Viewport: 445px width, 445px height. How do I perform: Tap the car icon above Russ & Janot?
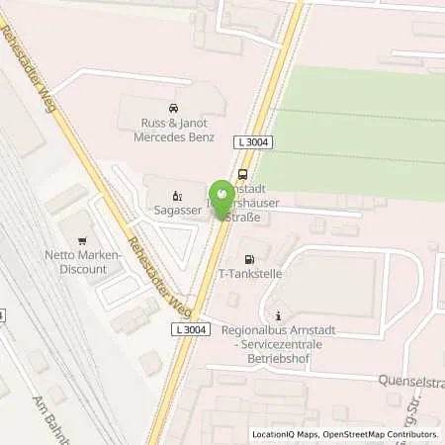point(173,107)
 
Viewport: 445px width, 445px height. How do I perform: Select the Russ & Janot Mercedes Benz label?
point(174,132)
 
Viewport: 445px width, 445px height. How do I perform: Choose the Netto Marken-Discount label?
point(89,262)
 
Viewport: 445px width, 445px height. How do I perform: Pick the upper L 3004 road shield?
point(254,142)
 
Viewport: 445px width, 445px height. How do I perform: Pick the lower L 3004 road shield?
point(188,328)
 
